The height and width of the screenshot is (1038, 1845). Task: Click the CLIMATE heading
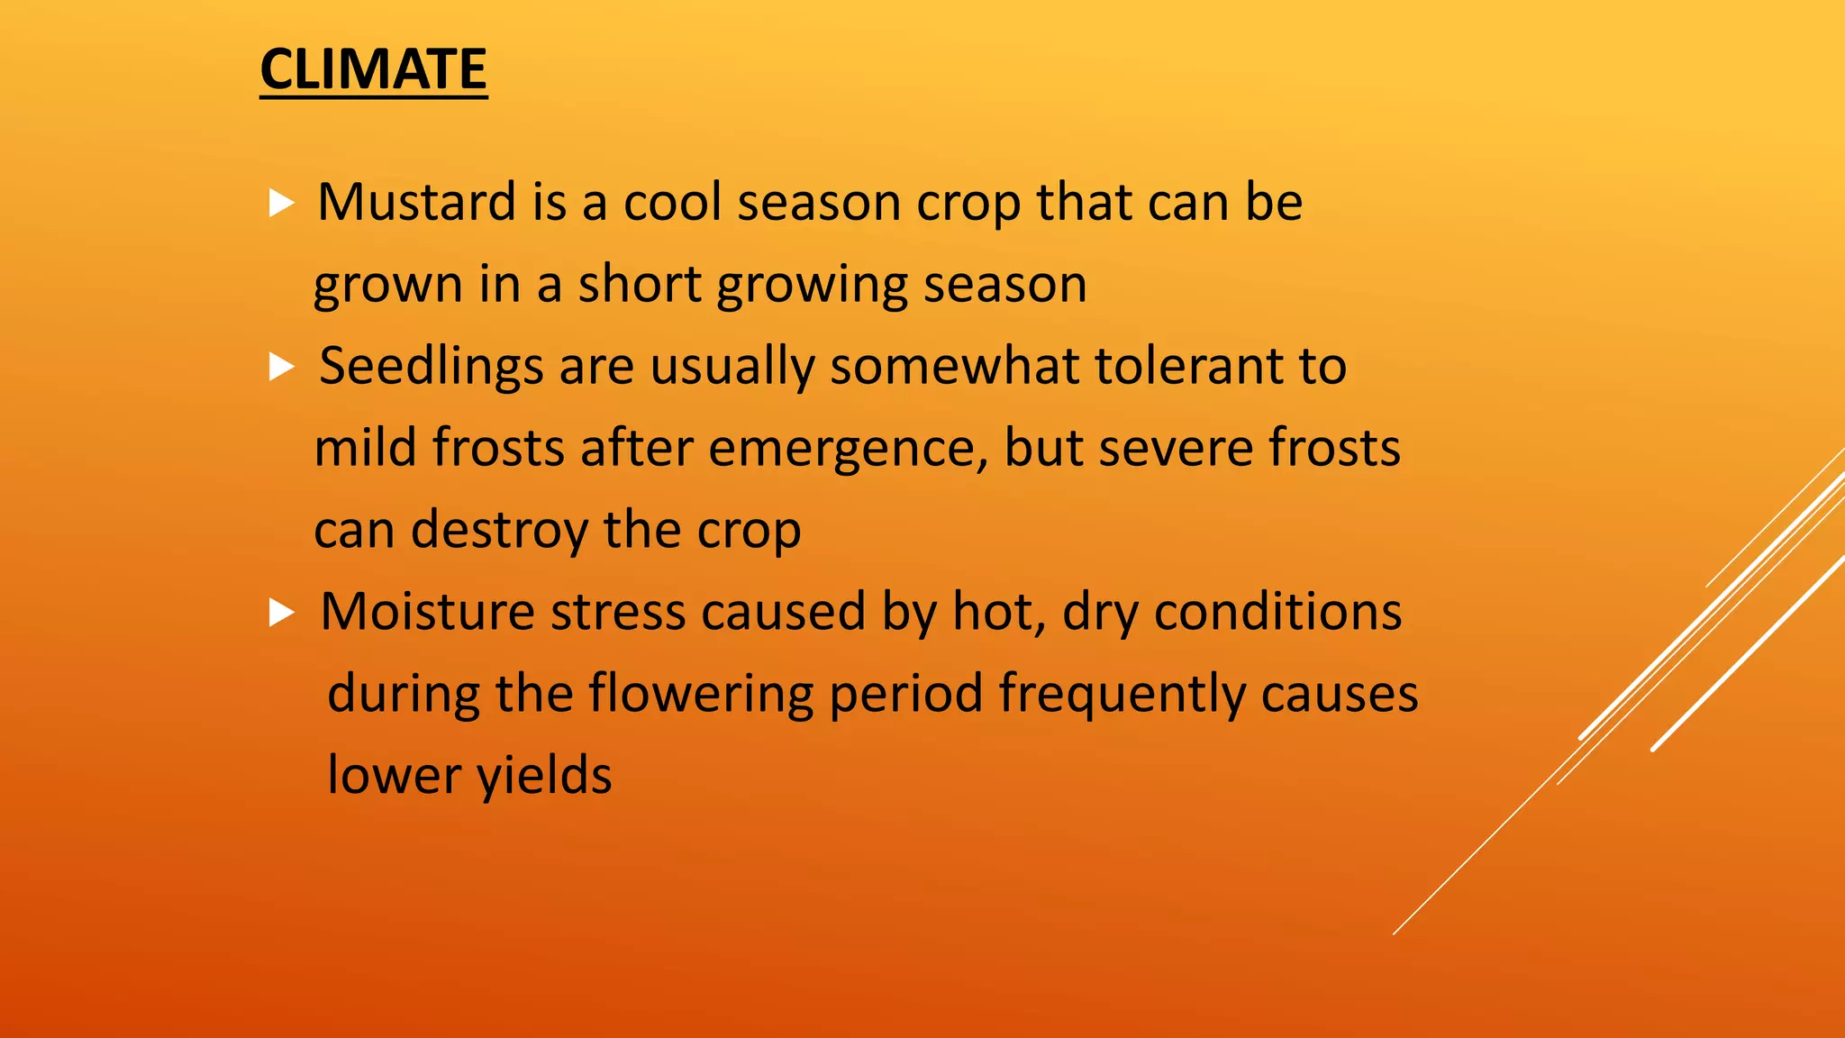pos(373,69)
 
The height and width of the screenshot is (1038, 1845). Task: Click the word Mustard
pos(416,202)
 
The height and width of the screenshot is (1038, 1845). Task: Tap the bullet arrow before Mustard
pos(281,204)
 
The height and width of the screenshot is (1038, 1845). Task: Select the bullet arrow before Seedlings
pos(281,368)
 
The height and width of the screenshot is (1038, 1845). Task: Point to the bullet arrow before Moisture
pos(281,615)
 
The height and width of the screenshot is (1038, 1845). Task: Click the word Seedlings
pos(431,367)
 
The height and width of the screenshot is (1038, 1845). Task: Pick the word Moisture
pos(427,612)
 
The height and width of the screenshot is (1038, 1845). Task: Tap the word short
pos(639,285)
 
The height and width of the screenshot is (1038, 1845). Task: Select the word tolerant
pos(1188,367)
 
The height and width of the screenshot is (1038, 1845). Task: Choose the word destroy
pos(499,531)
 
